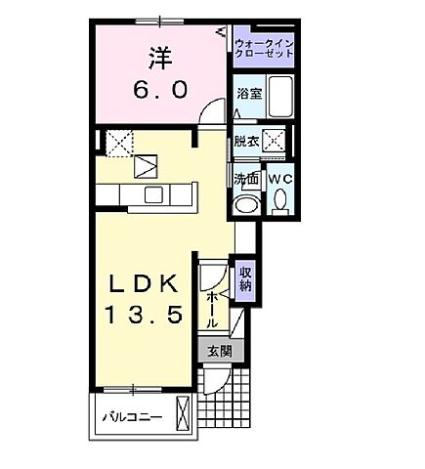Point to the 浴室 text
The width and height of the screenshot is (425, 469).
247,94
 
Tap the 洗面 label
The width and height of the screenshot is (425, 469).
246,179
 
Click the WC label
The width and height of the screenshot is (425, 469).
280,180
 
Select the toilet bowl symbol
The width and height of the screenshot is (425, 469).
280,203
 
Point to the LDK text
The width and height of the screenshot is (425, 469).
145,284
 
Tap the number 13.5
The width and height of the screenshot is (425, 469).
145,318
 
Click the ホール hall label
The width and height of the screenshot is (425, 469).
212,309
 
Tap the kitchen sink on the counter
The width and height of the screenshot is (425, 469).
153,194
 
